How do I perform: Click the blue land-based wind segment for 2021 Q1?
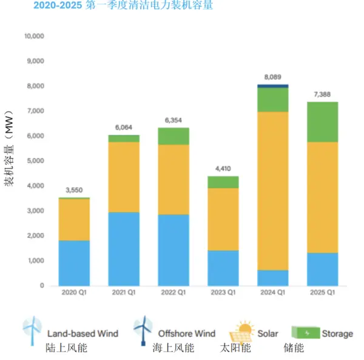[x=124, y=249]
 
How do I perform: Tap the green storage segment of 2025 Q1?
[x=322, y=122]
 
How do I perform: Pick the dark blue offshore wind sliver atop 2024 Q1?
[x=272, y=86]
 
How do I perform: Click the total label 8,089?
[x=272, y=77]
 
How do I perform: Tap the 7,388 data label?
[x=322, y=94]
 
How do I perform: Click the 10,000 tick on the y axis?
[x=34, y=36]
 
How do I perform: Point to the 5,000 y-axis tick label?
[x=36, y=161]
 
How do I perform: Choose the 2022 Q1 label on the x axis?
[x=173, y=293]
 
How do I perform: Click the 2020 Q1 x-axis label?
[x=74, y=293]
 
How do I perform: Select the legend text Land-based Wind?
[x=83, y=333]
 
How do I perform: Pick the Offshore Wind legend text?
[x=186, y=333]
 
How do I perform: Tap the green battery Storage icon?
[x=305, y=333]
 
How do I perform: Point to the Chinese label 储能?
[x=294, y=348]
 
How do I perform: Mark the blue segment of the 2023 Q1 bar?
[x=223, y=268]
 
